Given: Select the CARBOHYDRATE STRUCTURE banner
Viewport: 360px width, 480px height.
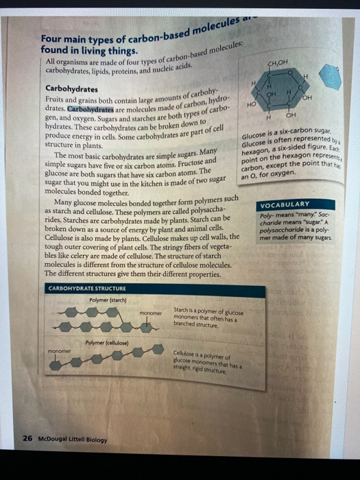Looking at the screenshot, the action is pyautogui.click(x=86, y=289).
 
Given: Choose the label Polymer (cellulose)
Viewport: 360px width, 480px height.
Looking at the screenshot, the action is pyautogui.click(x=106, y=341).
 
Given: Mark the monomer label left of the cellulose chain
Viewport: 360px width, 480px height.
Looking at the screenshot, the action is pyautogui.click(x=60, y=348).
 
